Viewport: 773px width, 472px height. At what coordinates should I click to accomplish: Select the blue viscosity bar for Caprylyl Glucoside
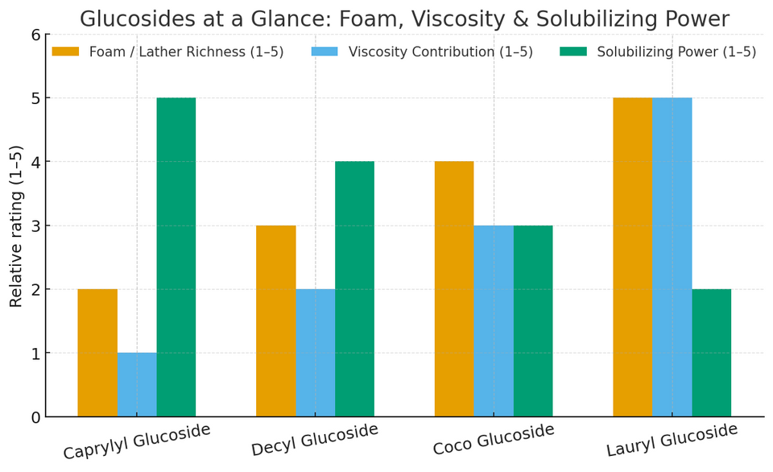(137, 384)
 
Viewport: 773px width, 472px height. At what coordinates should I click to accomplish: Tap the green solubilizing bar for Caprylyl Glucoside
(176, 257)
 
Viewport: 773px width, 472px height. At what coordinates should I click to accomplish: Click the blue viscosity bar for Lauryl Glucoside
(672, 257)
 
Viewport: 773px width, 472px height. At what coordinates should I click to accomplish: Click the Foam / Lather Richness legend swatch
(66, 52)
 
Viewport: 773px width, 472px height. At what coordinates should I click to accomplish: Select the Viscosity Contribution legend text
(440, 52)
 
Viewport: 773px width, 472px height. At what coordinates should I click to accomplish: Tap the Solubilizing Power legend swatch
(573, 52)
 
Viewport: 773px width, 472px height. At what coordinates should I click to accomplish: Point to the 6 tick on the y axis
(35, 34)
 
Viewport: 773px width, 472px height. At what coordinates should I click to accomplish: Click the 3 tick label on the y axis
(35, 226)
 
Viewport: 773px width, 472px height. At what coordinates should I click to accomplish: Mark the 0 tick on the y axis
(35, 416)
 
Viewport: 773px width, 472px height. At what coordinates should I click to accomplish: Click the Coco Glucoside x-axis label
(494, 439)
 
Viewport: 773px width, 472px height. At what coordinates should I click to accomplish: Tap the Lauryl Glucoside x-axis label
(672, 440)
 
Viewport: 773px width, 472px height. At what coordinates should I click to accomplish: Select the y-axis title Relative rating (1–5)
(17, 226)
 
